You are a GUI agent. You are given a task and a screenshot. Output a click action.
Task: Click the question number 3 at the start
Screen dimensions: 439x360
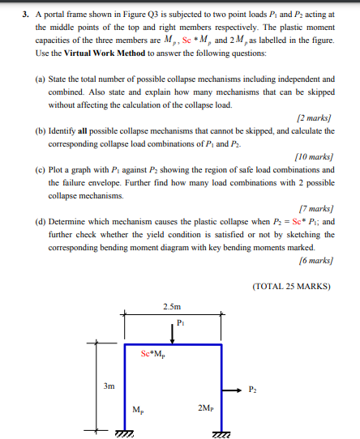(25, 14)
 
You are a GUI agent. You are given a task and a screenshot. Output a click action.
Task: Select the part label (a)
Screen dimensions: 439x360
(40, 82)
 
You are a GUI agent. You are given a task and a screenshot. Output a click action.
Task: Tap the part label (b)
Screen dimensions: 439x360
(40, 128)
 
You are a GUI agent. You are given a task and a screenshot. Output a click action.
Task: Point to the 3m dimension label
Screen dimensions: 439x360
(109, 386)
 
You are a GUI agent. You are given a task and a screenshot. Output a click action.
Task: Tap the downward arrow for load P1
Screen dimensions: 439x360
(174, 334)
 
